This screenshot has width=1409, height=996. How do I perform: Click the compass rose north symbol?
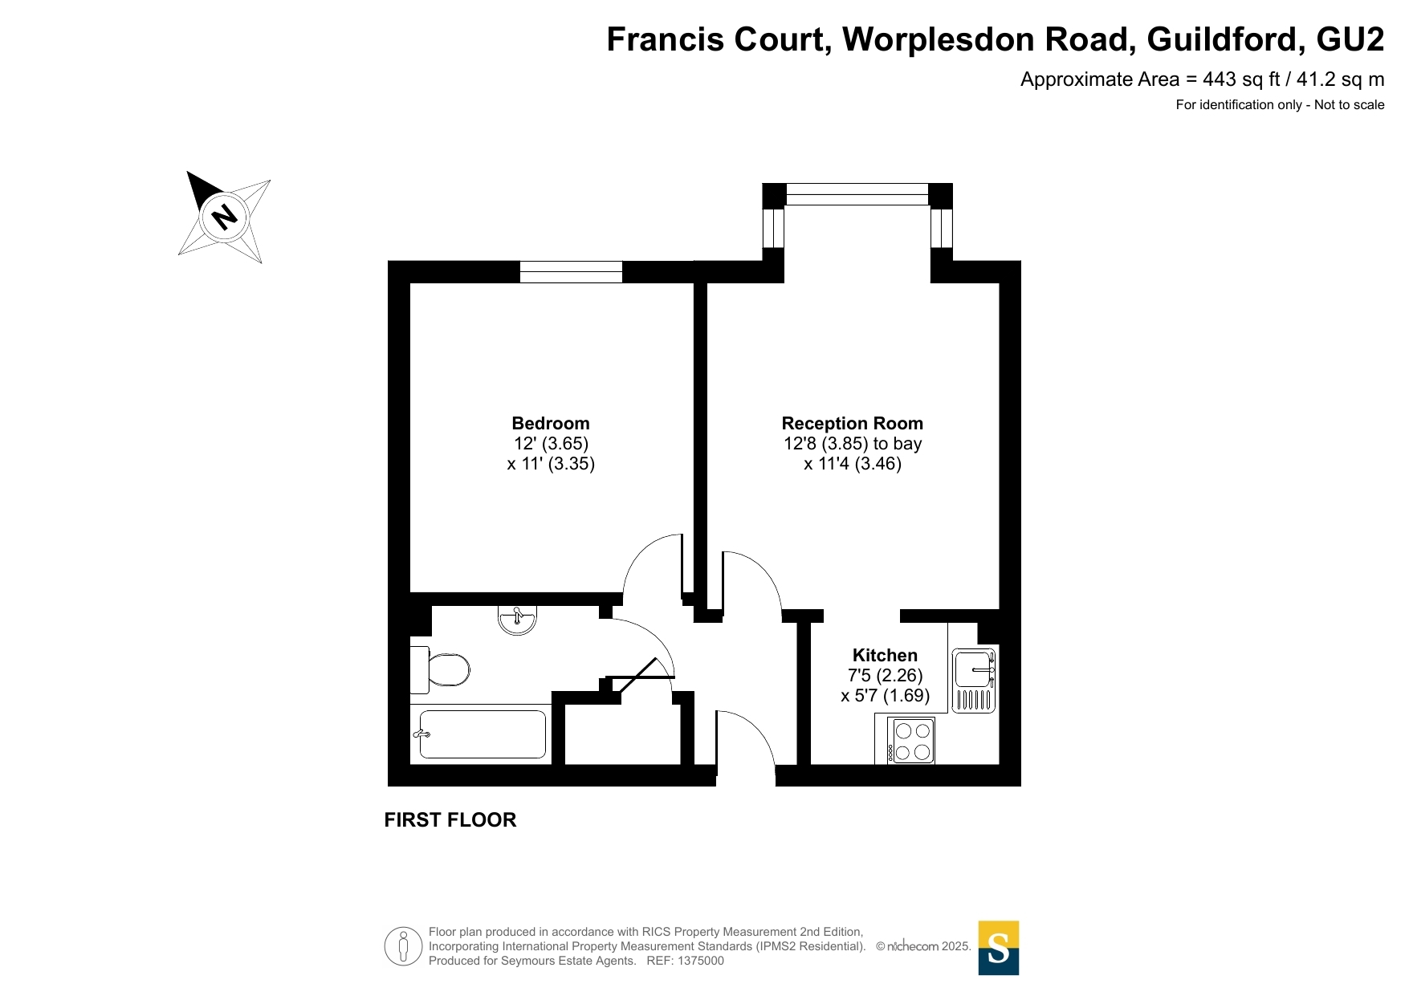coord(224,217)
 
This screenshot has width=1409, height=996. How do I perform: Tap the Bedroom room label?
coord(551,424)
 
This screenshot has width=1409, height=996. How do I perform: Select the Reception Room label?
coord(853,424)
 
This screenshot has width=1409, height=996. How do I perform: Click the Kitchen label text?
coord(885,656)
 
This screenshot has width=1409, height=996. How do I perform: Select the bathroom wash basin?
coord(517,620)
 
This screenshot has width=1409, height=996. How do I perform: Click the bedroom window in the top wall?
coord(571,272)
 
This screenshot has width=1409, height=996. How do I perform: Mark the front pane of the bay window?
coord(857,194)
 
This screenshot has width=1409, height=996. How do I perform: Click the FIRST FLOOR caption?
coord(450,820)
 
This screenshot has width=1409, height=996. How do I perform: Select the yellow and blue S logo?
coord(999,948)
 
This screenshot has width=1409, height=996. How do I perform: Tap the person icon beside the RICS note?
coord(403,946)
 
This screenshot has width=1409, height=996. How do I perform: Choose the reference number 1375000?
coord(701,961)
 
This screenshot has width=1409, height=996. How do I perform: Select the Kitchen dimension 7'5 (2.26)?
coord(886,676)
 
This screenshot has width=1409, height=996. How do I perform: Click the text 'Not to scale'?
coord(1350,105)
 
